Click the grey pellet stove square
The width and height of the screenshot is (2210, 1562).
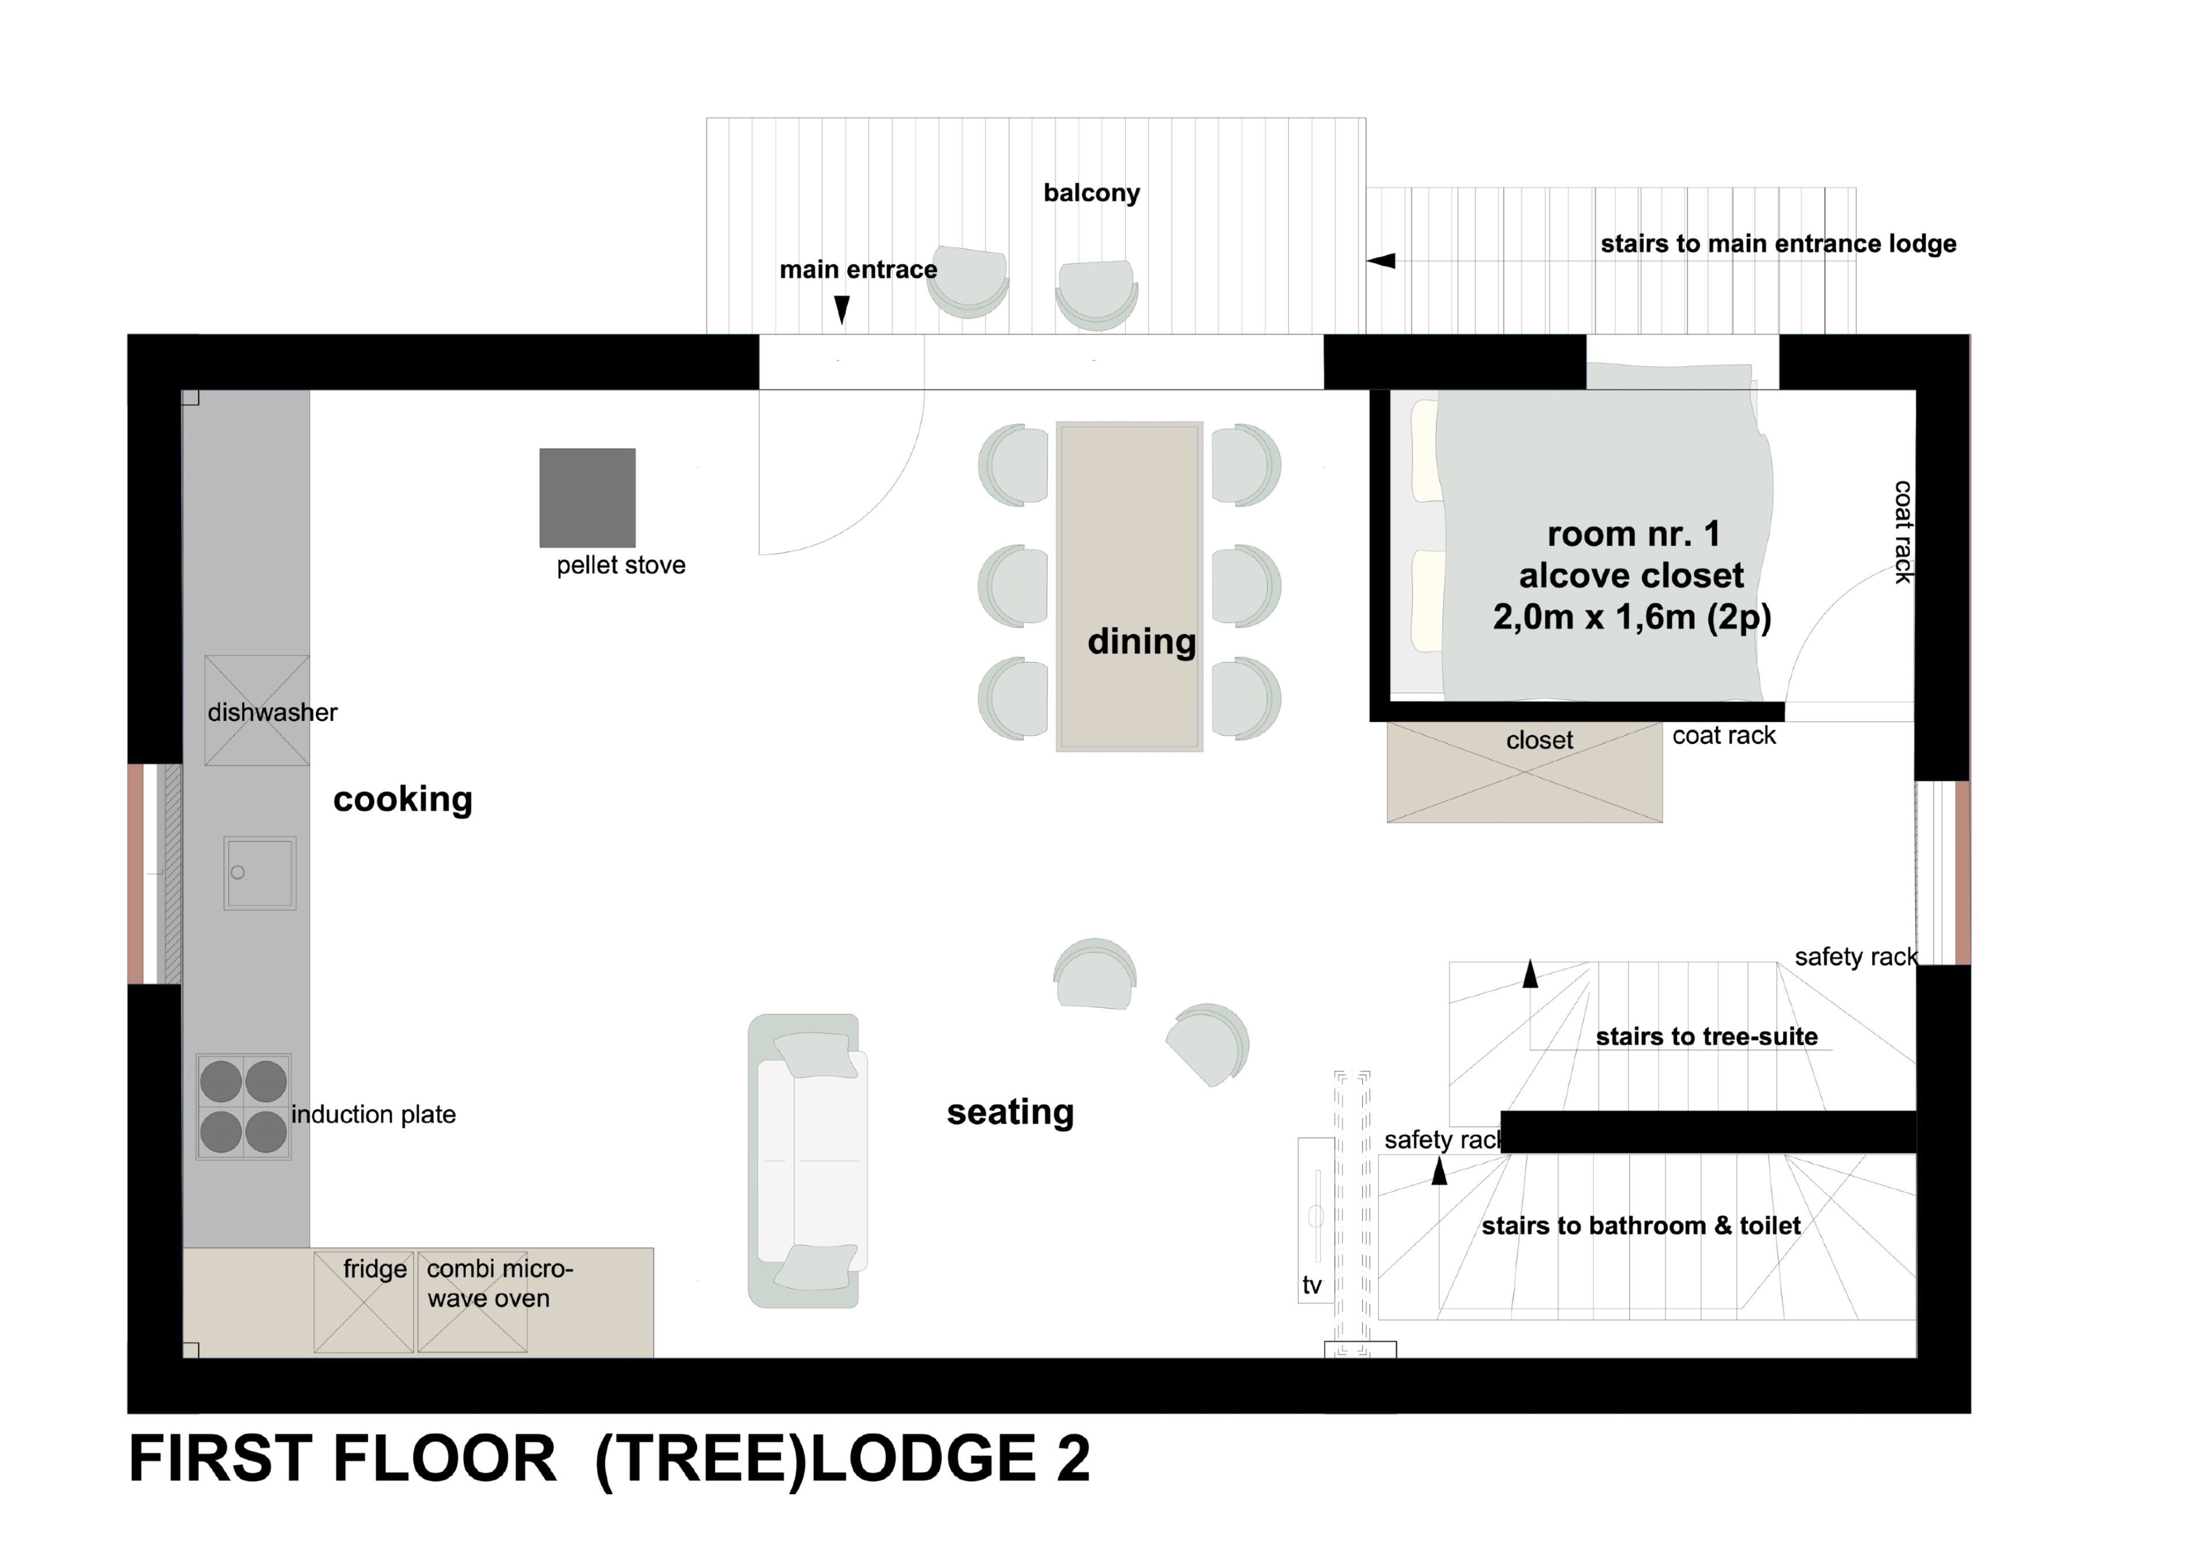pos(587,498)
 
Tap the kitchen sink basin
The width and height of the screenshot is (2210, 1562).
pos(260,873)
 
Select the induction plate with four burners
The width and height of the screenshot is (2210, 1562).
pos(243,1107)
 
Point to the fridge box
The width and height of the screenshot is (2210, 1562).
pos(364,1302)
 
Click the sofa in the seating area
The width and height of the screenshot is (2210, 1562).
pos(807,1160)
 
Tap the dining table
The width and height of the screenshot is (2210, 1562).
pos(1129,586)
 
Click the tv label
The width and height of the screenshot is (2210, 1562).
pos(1312,1286)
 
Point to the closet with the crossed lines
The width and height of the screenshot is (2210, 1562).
pos(1525,773)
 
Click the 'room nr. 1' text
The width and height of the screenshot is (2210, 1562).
pos(1633,533)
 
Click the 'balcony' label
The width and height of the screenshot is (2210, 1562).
pos(1092,193)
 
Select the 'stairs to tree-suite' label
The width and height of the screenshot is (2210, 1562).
pos(1706,1037)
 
